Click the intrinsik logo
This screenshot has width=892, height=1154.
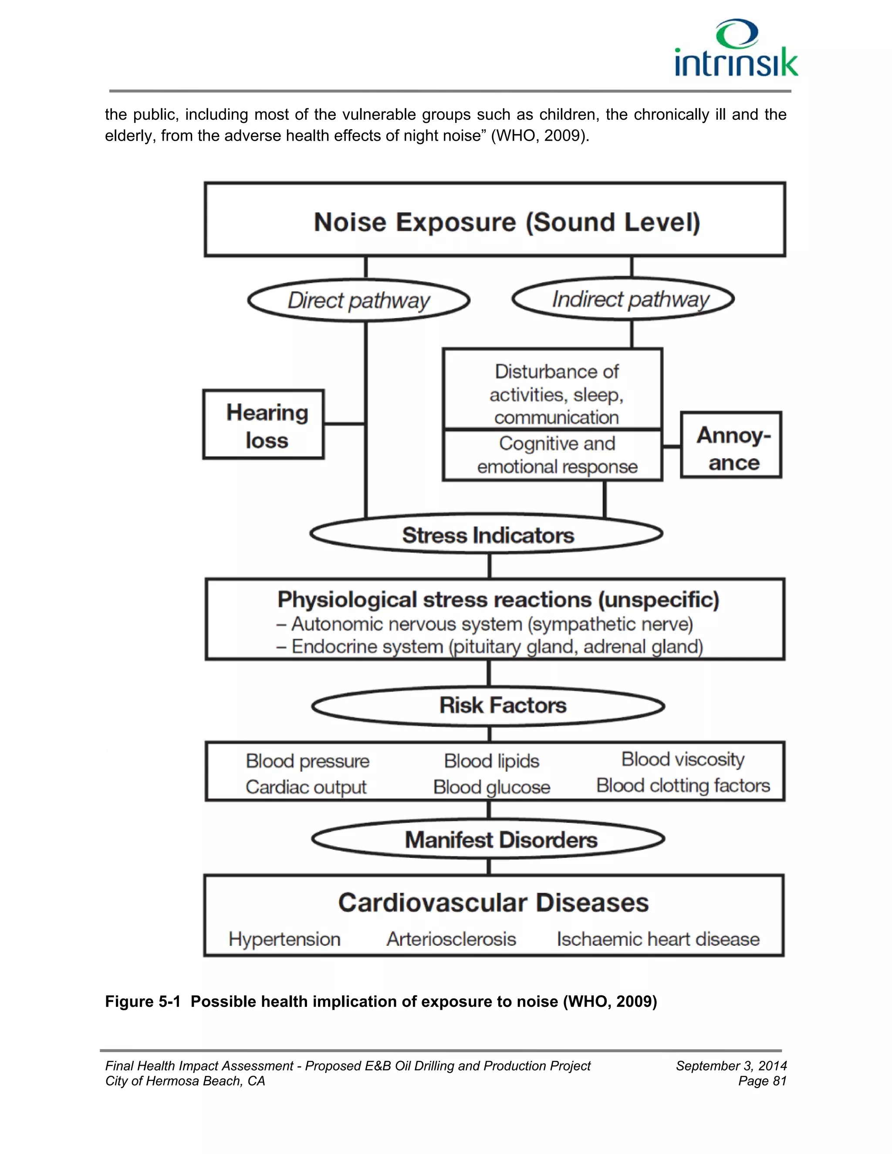pos(736,49)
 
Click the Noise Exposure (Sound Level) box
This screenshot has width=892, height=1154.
pos(495,220)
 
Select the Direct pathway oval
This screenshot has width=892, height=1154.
pos(359,300)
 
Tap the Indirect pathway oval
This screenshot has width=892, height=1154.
pos(623,299)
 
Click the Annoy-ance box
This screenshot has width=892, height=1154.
pos(731,445)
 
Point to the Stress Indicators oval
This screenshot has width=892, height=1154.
pos(487,534)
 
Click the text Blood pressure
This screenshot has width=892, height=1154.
pos(307,761)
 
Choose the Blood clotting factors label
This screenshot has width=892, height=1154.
pos(683,786)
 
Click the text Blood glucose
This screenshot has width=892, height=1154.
pos(491,787)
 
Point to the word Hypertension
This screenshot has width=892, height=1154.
pos(284,939)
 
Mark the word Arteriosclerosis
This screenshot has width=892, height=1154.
pos(451,939)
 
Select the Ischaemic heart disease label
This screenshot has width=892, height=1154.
pos(658,939)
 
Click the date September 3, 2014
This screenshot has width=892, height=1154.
pos(731,1066)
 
